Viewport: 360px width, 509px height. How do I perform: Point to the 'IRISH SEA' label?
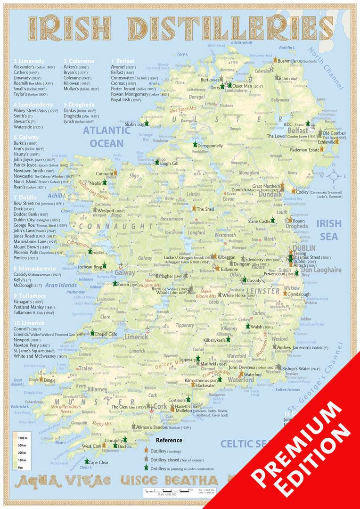(x=328, y=230)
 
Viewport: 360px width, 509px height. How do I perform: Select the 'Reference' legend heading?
(x=168, y=441)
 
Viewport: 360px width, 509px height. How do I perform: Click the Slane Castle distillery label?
(x=260, y=221)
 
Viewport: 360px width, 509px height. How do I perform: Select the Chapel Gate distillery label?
(x=106, y=334)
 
